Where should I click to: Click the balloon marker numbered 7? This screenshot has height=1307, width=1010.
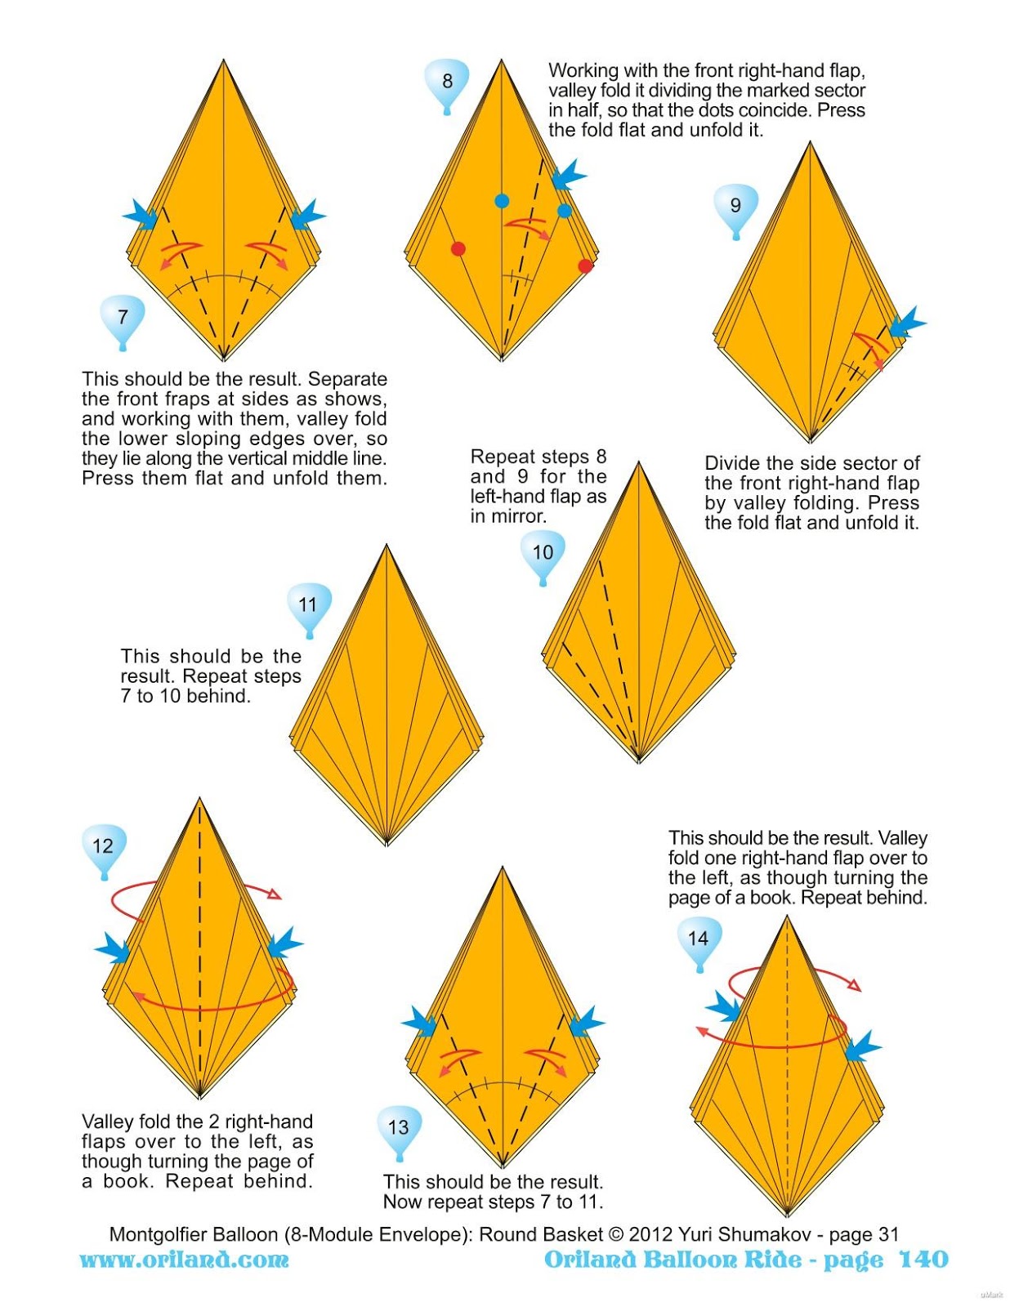[x=123, y=318]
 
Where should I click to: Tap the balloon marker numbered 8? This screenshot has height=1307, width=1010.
[x=447, y=82]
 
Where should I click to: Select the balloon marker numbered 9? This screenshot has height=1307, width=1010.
[x=735, y=206]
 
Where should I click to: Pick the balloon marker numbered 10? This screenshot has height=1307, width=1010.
[x=543, y=553]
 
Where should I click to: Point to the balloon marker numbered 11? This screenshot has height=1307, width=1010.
[x=308, y=605]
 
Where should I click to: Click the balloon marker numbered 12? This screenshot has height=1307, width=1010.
[x=103, y=846]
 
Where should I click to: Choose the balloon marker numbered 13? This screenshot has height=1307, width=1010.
[x=398, y=1128]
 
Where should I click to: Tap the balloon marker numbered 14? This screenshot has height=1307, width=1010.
[x=698, y=939]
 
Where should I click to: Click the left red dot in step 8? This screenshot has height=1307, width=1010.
[x=458, y=248]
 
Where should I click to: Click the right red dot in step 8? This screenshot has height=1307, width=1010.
[x=585, y=265]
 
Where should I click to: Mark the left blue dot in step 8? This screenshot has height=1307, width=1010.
[x=502, y=201]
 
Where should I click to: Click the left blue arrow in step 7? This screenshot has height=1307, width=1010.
[x=141, y=216]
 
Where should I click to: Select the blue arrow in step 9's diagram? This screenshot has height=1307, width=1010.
[x=906, y=323]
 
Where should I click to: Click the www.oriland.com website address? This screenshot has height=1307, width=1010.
[x=185, y=1260]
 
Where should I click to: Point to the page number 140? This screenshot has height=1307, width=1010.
[x=923, y=1259]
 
